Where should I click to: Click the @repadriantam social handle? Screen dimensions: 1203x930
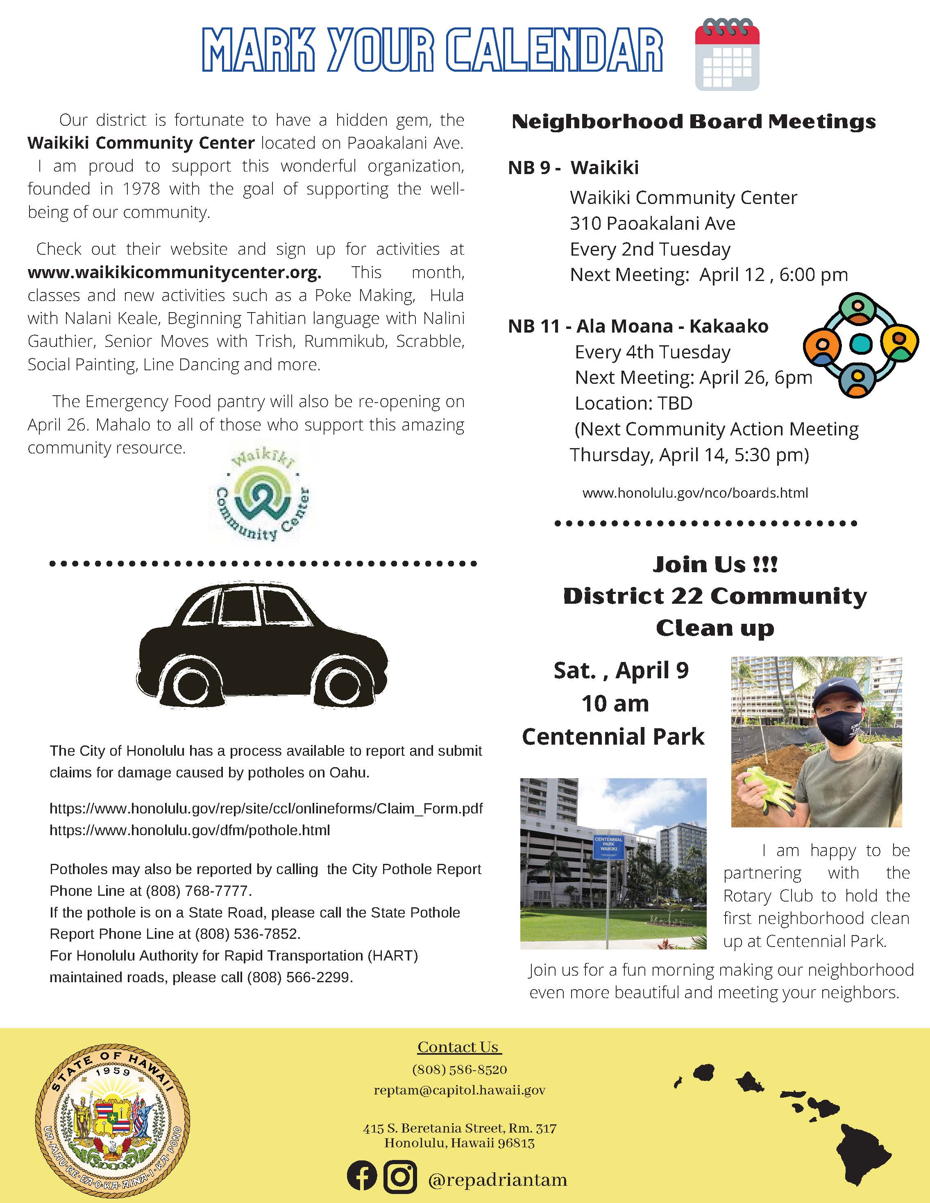(497, 1179)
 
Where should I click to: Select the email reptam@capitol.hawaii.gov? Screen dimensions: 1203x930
(460, 1090)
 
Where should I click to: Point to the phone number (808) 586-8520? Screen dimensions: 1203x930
(460, 1069)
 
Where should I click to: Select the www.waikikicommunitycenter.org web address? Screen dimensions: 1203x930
(174, 272)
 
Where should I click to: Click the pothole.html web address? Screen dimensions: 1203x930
(190, 830)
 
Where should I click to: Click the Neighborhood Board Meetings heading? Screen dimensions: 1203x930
(694, 122)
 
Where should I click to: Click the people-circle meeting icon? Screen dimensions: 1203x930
(861, 345)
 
